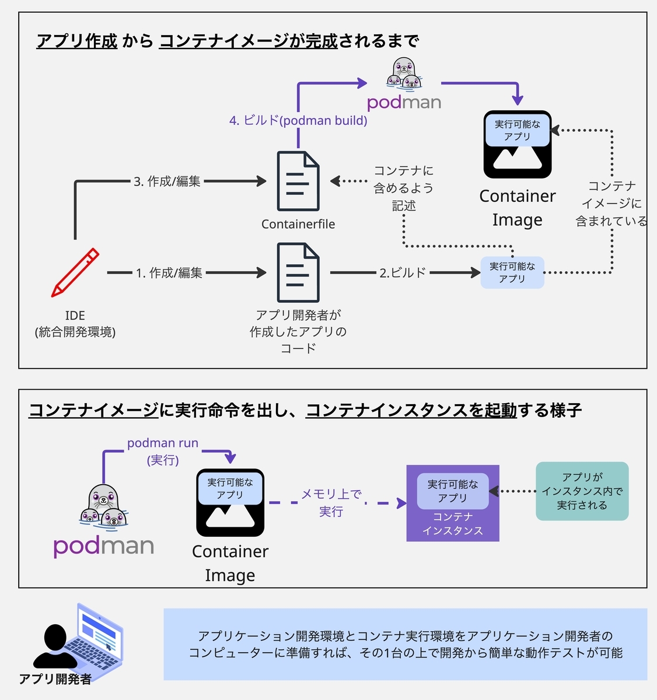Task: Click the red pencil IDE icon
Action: tap(75, 273)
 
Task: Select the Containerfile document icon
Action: tap(298, 181)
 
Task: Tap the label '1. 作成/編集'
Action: tap(169, 272)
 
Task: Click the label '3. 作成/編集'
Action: tap(167, 181)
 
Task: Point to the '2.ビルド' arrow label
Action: tap(403, 272)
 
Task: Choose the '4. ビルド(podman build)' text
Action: tap(298, 121)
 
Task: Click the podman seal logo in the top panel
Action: tap(404, 74)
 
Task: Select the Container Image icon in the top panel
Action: tap(518, 144)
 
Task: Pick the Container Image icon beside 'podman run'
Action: tap(230, 502)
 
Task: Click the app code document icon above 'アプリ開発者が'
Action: tap(298, 273)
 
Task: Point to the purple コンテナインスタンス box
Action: tap(453, 503)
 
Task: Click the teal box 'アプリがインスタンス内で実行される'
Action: tap(582, 491)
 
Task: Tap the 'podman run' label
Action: tap(163, 443)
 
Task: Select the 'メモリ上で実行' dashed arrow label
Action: tap(331, 502)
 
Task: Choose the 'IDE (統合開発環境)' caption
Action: tap(75, 324)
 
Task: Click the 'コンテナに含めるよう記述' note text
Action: tap(404, 188)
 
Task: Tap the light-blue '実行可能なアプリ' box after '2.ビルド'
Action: tap(512, 272)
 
